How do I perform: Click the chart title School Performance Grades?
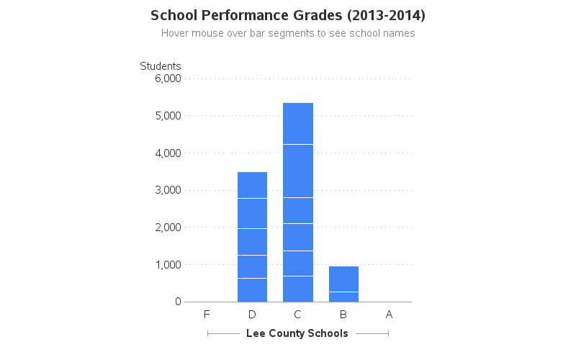pyautogui.click(x=288, y=15)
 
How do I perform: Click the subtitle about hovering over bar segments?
pyautogui.click(x=288, y=33)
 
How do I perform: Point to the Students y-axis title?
pyautogui.click(x=160, y=66)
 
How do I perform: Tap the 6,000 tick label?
pyautogui.click(x=168, y=78)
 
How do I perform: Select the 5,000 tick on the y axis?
pyautogui.click(x=168, y=116)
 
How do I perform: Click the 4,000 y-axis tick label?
pyautogui.click(x=168, y=153)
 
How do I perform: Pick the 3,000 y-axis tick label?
pyautogui.click(x=168, y=190)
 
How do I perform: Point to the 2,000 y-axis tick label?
pyautogui.click(x=168, y=228)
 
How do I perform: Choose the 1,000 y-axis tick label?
pyautogui.click(x=168, y=265)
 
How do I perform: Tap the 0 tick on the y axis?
pyautogui.click(x=177, y=302)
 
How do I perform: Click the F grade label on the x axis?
pyautogui.click(x=207, y=315)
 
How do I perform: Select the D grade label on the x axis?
pyautogui.click(x=252, y=315)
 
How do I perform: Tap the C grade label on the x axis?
pyautogui.click(x=297, y=315)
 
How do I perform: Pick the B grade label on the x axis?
pyautogui.click(x=343, y=315)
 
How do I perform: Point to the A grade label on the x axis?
pyautogui.click(x=389, y=315)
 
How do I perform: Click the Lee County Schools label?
pyautogui.click(x=297, y=333)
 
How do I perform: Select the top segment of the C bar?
pyautogui.click(x=297, y=123)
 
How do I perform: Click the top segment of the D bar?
pyautogui.click(x=252, y=185)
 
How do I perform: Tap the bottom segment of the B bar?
pyautogui.click(x=343, y=297)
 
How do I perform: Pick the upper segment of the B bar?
pyautogui.click(x=343, y=279)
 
